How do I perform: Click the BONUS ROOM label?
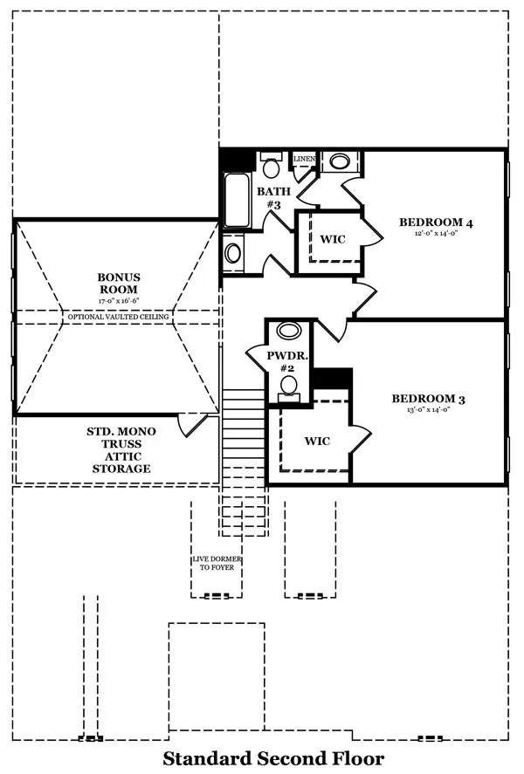pyautogui.click(x=119, y=284)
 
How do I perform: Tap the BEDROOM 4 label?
pyautogui.click(x=436, y=223)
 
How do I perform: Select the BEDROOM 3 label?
pyautogui.click(x=429, y=399)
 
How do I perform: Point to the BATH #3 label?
pyautogui.click(x=273, y=197)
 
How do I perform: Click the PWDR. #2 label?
pyautogui.click(x=287, y=361)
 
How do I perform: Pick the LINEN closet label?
pyautogui.click(x=304, y=159)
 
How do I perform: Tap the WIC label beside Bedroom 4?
pyautogui.click(x=333, y=239)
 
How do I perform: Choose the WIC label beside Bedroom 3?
pyautogui.click(x=317, y=441)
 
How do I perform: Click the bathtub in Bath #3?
pyautogui.click(x=237, y=200)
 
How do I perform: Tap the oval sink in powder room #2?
pyautogui.click(x=289, y=330)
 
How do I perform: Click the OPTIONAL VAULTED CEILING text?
pyautogui.click(x=119, y=317)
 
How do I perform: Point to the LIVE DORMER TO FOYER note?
pyautogui.click(x=217, y=563)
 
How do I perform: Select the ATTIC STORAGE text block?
pyautogui.click(x=121, y=450)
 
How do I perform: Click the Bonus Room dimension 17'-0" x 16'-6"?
pyautogui.click(x=119, y=301)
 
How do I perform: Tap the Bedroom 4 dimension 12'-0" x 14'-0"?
pyautogui.click(x=436, y=233)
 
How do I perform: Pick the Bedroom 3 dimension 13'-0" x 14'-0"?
pyautogui.click(x=429, y=409)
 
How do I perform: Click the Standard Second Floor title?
pyautogui.click(x=273, y=758)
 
